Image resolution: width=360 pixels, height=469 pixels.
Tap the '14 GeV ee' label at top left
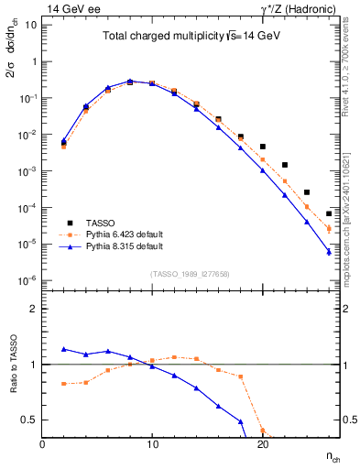[x=70, y=7]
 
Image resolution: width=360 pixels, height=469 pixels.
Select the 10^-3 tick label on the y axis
[x=27, y=171]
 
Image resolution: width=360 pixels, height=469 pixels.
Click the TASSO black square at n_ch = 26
[x=328, y=213]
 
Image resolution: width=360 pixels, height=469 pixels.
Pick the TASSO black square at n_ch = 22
[x=284, y=165]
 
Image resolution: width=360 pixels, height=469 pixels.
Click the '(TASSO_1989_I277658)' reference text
[x=189, y=274]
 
